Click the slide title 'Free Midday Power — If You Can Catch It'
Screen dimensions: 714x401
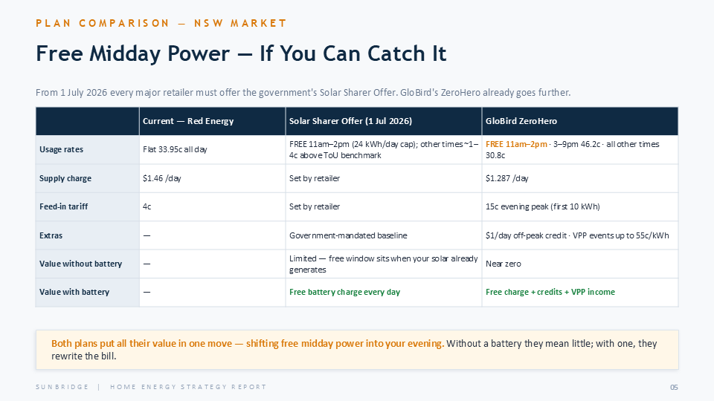[241, 53]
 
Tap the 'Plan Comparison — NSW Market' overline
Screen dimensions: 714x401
[161, 23]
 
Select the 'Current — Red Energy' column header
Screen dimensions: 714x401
[188, 121]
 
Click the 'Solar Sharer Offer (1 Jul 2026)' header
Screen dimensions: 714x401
[350, 121]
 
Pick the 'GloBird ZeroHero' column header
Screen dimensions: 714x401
[521, 121]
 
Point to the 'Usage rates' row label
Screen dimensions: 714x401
[62, 149]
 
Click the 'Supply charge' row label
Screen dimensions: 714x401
[65, 178]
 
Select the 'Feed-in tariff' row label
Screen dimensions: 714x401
[63, 206]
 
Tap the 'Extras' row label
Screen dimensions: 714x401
[51, 235]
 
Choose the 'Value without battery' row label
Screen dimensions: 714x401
[80, 264]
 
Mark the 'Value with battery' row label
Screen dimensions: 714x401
[74, 292]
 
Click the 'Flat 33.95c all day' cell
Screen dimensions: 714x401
[175, 149]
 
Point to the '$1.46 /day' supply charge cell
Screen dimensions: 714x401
[161, 178]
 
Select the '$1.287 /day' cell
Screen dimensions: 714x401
[506, 178]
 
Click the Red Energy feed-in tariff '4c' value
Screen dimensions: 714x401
[147, 206]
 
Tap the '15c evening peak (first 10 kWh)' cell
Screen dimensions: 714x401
[543, 206]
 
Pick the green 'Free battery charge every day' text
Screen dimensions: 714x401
[344, 292]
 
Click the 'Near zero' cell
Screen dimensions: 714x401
[504, 264]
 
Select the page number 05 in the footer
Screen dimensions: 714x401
[674, 387]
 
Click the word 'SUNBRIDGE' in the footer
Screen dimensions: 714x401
[62, 387]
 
